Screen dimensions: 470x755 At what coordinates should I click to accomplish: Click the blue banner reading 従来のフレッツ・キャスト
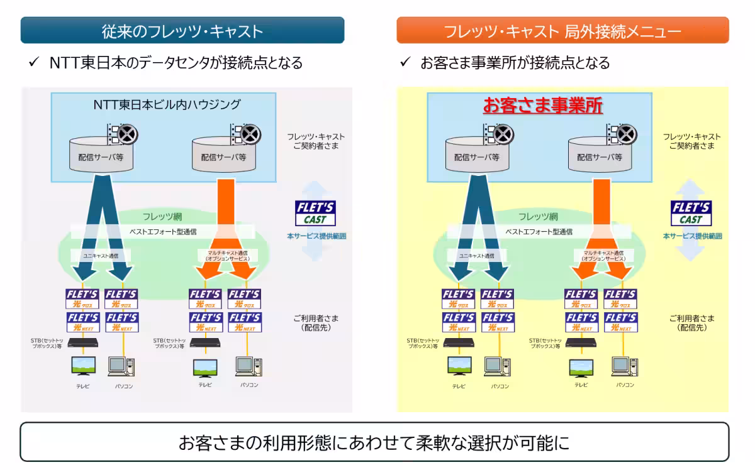pos(182,31)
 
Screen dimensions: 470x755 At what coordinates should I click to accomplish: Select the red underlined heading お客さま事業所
pos(543,106)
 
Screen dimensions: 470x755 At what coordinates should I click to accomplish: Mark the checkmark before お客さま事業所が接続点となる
pos(406,63)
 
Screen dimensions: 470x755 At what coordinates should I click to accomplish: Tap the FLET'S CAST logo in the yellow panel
pos(691,213)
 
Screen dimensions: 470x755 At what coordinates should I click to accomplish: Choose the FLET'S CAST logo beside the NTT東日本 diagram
pos(315,213)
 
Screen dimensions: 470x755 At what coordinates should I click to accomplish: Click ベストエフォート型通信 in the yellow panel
pos(539,231)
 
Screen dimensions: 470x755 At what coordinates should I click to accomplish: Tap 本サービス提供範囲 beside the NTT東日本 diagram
pos(316,236)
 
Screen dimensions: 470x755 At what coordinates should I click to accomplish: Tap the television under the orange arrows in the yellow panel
pos(580,367)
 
